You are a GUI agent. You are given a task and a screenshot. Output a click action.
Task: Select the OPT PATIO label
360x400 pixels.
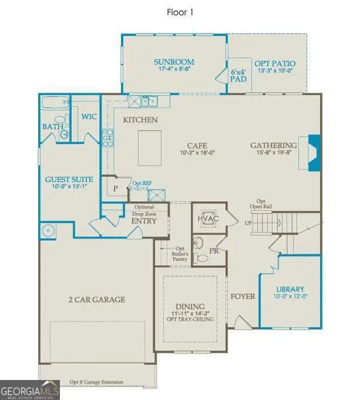[x=274, y=63]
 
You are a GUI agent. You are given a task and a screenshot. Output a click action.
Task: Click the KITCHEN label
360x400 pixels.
[x=140, y=120]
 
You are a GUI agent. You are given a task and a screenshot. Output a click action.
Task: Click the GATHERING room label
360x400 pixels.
[x=274, y=146]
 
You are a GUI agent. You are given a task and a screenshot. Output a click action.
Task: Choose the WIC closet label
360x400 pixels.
[x=89, y=116]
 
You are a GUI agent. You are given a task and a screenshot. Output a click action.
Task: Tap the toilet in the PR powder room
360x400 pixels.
[x=201, y=257]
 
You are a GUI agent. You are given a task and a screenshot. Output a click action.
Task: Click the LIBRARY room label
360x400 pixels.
[x=290, y=289]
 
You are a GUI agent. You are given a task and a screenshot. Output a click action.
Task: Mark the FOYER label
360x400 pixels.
[x=243, y=296]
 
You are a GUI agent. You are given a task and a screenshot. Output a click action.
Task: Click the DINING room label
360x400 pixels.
[x=189, y=306]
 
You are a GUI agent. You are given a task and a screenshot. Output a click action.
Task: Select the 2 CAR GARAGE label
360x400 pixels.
[x=96, y=300]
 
